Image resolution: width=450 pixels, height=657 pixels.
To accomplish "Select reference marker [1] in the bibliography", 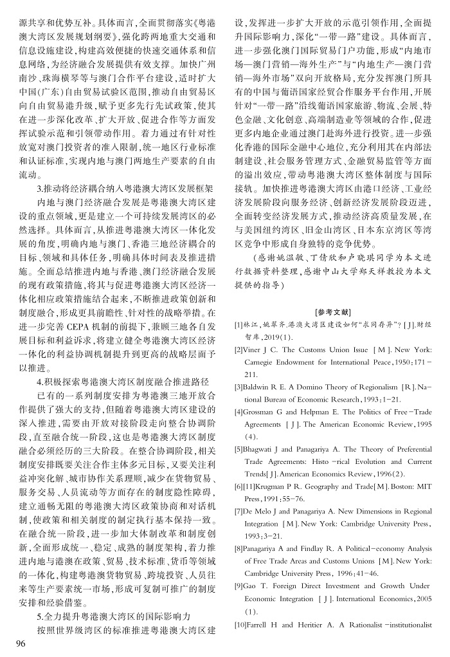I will click(238, 325).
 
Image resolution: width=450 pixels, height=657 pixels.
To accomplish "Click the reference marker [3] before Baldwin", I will click(239, 386).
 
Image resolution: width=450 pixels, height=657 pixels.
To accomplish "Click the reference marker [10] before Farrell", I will click(240, 625).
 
